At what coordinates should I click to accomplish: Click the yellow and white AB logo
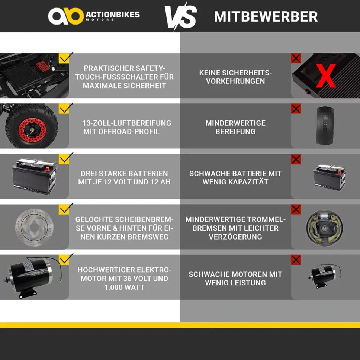click(x=66, y=16)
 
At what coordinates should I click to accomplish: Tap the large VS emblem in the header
click(x=181, y=16)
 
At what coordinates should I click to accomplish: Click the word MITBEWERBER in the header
click(x=266, y=16)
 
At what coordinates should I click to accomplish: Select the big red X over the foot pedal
click(x=326, y=76)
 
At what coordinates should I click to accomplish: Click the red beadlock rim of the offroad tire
click(x=32, y=130)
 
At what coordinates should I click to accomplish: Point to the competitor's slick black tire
click(x=325, y=125)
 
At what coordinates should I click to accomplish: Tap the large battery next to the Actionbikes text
click(x=34, y=176)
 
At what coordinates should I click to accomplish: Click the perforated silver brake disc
click(x=35, y=227)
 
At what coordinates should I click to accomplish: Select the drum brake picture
click(x=325, y=227)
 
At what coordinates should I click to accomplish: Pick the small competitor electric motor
click(x=325, y=276)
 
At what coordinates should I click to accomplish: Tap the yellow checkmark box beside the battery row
click(x=64, y=159)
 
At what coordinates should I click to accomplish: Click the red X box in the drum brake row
click(x=296, y=210)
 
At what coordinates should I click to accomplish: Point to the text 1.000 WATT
click(x=125, y=287)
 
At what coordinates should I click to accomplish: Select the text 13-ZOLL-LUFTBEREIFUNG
click(x=127, y=123)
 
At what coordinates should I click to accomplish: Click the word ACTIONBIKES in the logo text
click(x=113, y=15)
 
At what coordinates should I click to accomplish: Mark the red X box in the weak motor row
click(x=296, y=260)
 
